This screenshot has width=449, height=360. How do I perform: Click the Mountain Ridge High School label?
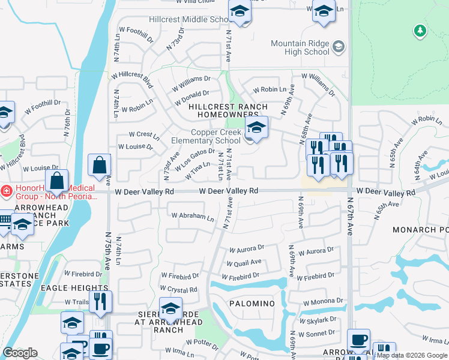click(300, 47)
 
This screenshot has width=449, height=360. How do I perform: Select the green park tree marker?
click(420, 30)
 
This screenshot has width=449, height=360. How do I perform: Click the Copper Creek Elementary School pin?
click(256, 128)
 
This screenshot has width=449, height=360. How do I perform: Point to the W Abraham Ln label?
click(192, 216)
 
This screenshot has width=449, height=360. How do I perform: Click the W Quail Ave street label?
click(244, 263)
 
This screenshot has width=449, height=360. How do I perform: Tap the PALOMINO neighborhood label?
click(252, 304)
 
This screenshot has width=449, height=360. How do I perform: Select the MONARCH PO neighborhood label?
click(420, 230)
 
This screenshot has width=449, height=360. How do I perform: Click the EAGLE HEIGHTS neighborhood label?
click(66, 288)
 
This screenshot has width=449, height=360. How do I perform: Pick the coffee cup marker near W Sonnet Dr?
click(358, 340)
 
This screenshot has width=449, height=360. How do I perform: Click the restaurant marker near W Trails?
click(100, 302)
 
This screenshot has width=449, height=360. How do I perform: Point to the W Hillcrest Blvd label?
click(132, 75)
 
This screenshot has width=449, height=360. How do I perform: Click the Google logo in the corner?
click(20, 353)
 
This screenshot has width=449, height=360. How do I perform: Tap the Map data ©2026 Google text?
click(411, 355)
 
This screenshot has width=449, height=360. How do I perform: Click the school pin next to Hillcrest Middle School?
click(240, 12)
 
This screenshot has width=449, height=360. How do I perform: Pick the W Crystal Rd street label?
click(179, 290)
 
